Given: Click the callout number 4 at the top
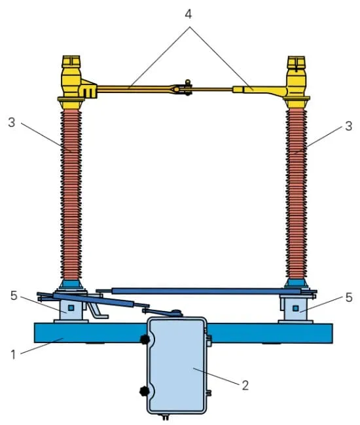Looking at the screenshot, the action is point(189,14).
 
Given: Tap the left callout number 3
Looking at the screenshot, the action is point(12,122).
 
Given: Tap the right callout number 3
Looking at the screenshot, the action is point(349,126).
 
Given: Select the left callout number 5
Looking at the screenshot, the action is point(14,296).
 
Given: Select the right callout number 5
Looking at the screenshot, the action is point(349,297).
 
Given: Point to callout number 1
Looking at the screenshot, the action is point(13,354).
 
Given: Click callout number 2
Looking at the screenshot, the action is point(245,385).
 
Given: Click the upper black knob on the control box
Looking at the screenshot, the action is point(145,339).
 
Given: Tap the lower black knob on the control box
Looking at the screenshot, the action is point(144,391).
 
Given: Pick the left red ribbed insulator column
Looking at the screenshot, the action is point(71,194).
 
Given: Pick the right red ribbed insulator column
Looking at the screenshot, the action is point(297,194).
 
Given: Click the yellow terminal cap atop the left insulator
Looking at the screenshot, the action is point(71,62).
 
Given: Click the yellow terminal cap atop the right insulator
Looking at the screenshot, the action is point(297,62).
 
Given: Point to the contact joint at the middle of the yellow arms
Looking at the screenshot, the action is point(184,88).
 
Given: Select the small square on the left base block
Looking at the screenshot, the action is point(71,308).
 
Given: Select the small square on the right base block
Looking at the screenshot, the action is point(296,308).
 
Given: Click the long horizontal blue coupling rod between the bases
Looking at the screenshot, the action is point(206,291).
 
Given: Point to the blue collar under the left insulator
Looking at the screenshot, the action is point(71,285).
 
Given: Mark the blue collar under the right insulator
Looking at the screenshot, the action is point(297,284).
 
